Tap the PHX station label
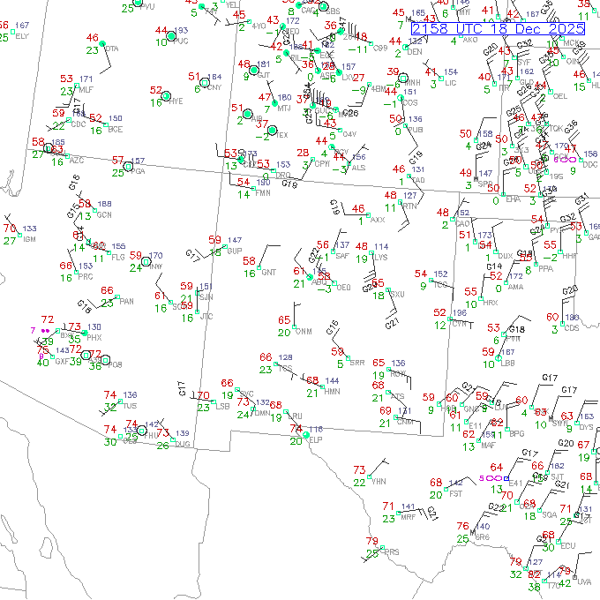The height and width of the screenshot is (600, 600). pyautogui.click(x=94, y=338)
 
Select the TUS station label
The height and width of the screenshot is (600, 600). pyautogui.click(x=130, y=407)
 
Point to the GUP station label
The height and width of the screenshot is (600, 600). pyautogui.click(x=234, y=251)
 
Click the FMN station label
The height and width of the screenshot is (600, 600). pyautogui.click(x=263, y=193)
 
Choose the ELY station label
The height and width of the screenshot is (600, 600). pyautogui.click(x=22, y=36)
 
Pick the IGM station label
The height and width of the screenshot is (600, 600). pyautogui.click(x=29, y=239)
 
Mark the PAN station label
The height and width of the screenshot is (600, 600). pyautogui.click(x=127, y=302)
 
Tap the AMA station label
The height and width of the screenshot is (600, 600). pyautogui.click(x=515, y=287)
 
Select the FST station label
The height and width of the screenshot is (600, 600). pyautogui.click(x=456, y=494)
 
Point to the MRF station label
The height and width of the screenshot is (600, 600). pyautogui.click(x=408, y=518)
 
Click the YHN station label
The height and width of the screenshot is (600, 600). pyautogui.click(x=380, y=482)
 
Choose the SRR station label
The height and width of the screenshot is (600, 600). pyautogui.click(x=356, y=363)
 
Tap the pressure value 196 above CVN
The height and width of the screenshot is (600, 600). pyautogui.click(x=459, y=313)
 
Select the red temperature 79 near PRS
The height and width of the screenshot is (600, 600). pyautogui.click(x=371, y=541)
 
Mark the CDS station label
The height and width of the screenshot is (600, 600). pyautogui.click(x=572, y=328)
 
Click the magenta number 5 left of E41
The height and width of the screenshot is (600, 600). pyautogui.click(x=482, y=477)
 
